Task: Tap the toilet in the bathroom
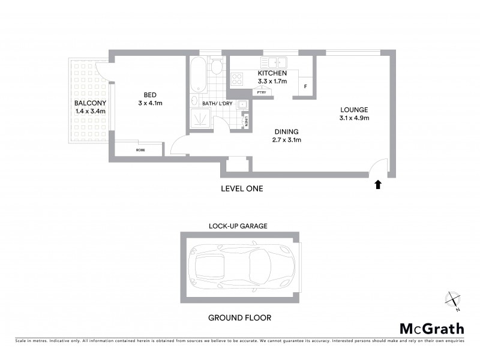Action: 216,67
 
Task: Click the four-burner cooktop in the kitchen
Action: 237,77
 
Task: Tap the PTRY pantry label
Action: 261,92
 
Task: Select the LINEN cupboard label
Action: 246,122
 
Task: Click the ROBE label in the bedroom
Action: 140,149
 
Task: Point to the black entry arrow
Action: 378,185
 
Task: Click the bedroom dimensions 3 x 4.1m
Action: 150,103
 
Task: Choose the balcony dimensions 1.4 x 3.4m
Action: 90,111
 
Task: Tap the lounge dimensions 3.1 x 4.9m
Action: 353,118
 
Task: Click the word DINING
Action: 286,131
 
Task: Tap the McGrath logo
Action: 431,328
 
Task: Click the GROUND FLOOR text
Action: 236,317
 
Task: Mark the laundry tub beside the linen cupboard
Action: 242,105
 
